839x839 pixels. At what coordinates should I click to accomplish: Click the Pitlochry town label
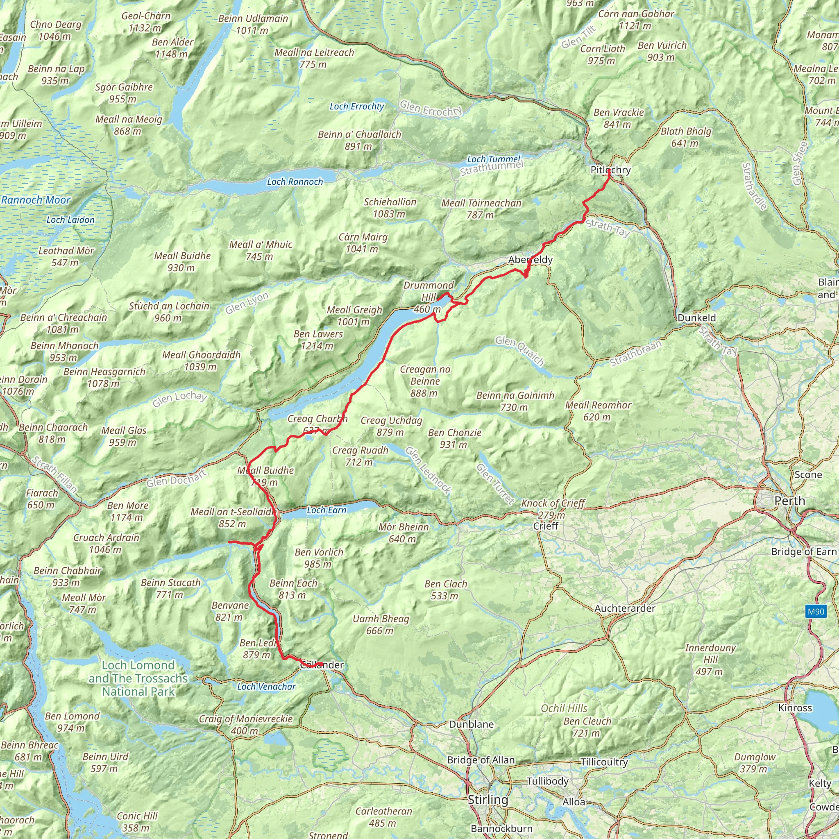pos(610,170)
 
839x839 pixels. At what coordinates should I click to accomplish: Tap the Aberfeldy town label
pos(530,260)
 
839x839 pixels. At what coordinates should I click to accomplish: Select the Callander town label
pos(322,664)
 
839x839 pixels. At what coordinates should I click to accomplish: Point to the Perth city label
pos(789,501)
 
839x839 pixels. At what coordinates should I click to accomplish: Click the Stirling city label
pos(488,800)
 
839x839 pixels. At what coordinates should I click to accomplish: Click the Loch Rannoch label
pos(295,181)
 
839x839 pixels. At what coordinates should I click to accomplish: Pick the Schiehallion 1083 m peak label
pos(390,208)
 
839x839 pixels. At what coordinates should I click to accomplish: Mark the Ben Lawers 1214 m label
pos(318,340)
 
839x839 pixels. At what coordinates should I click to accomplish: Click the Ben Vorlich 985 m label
pos(319,558)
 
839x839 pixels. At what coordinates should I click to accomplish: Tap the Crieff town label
pos(545,526)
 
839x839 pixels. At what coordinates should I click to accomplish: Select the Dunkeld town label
pos(696,317)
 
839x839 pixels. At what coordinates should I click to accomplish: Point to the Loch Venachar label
pos(266,687)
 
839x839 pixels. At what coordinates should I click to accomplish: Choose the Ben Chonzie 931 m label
pos(454,438)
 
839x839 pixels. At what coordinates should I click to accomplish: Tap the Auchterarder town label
pos(624,608)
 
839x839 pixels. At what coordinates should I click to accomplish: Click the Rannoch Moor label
pos(36,200)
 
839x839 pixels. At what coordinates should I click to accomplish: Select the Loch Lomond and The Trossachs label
pos(138,678)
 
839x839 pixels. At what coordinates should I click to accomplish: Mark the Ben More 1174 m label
pos(128,511)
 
